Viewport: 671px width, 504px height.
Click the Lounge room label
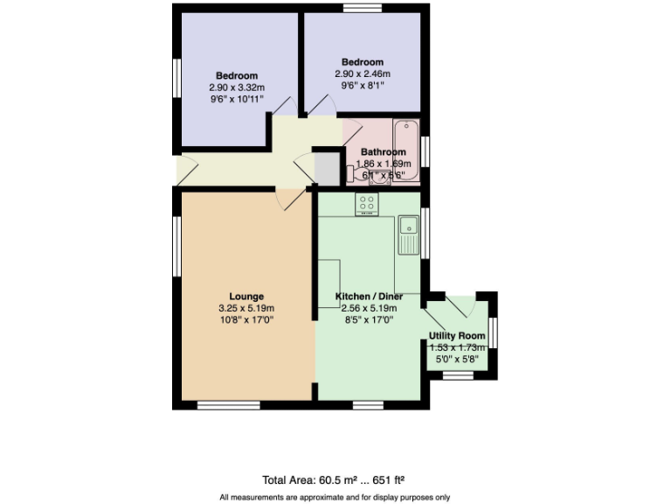coord(246,296)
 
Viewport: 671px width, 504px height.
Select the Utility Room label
coord(457,336)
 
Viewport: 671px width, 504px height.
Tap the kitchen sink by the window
coord(408,231)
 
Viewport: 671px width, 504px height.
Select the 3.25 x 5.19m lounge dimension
coord(246,308)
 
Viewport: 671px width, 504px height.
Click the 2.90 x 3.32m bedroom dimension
coord(237,87)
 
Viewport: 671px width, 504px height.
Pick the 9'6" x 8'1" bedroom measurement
coord(362,86)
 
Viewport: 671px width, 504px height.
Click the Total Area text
coord(333,479)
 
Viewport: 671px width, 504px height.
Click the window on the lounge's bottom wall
coord(228,404)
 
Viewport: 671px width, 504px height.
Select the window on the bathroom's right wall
coord(425,150)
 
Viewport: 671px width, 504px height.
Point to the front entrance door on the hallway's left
coord(177,169)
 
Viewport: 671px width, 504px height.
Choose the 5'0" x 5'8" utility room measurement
coord(457,359)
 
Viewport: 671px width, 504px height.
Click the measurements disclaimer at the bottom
coord(335,497)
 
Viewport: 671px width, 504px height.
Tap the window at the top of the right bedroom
coord(363,8)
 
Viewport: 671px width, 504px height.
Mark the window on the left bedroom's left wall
coord(176,76)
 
